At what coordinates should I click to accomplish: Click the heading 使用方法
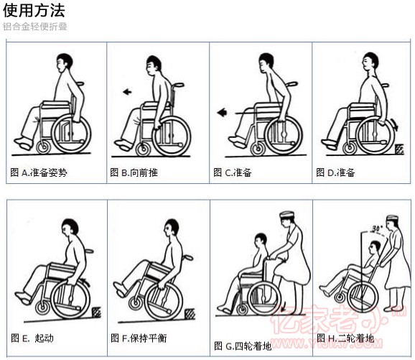(34, 10)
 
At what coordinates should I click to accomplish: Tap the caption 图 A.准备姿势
(39, 172)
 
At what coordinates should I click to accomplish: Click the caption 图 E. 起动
(33, 338)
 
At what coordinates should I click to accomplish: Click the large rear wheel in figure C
(283, 133)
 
